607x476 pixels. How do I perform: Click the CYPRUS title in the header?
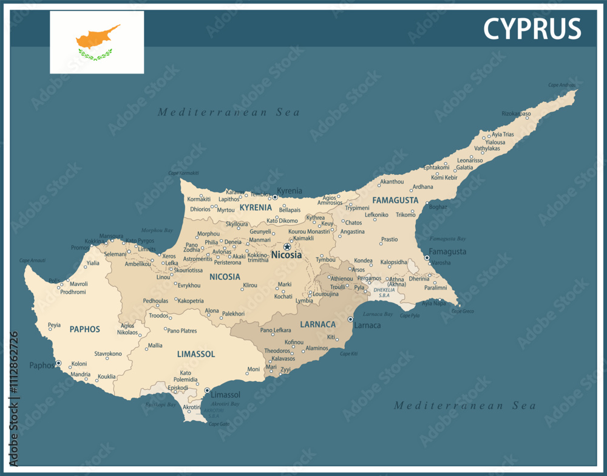click(532, 29)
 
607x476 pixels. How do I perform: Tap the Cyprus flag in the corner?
click(97, 42)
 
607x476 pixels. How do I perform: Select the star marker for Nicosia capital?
click(287, 246)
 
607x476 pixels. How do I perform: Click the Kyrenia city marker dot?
click(275, 197)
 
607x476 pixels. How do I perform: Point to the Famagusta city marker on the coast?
click(427, 258)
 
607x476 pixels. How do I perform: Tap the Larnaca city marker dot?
click(350, 319)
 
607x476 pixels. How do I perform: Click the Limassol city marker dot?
click(207, 390)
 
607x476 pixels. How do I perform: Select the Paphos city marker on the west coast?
click(59, 363)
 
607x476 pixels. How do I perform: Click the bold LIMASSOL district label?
click(196, 353)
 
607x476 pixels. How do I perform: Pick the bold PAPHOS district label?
click(84, 329)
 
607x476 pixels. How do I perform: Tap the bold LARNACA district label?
click(317, 324)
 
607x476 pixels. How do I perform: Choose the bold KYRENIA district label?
click(256, 208)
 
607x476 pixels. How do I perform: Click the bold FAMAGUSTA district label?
click(395, 200)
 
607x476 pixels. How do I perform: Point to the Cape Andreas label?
click(561, 85)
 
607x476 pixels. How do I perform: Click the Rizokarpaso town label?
click(516, 114)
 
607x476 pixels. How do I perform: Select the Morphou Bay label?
click(157, 231)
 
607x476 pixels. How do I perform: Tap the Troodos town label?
click(158, 316)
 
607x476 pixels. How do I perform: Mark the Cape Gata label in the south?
click(219, 424)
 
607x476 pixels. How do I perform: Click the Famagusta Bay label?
click(448, 239)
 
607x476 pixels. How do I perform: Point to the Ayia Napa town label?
click(434, 303)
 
